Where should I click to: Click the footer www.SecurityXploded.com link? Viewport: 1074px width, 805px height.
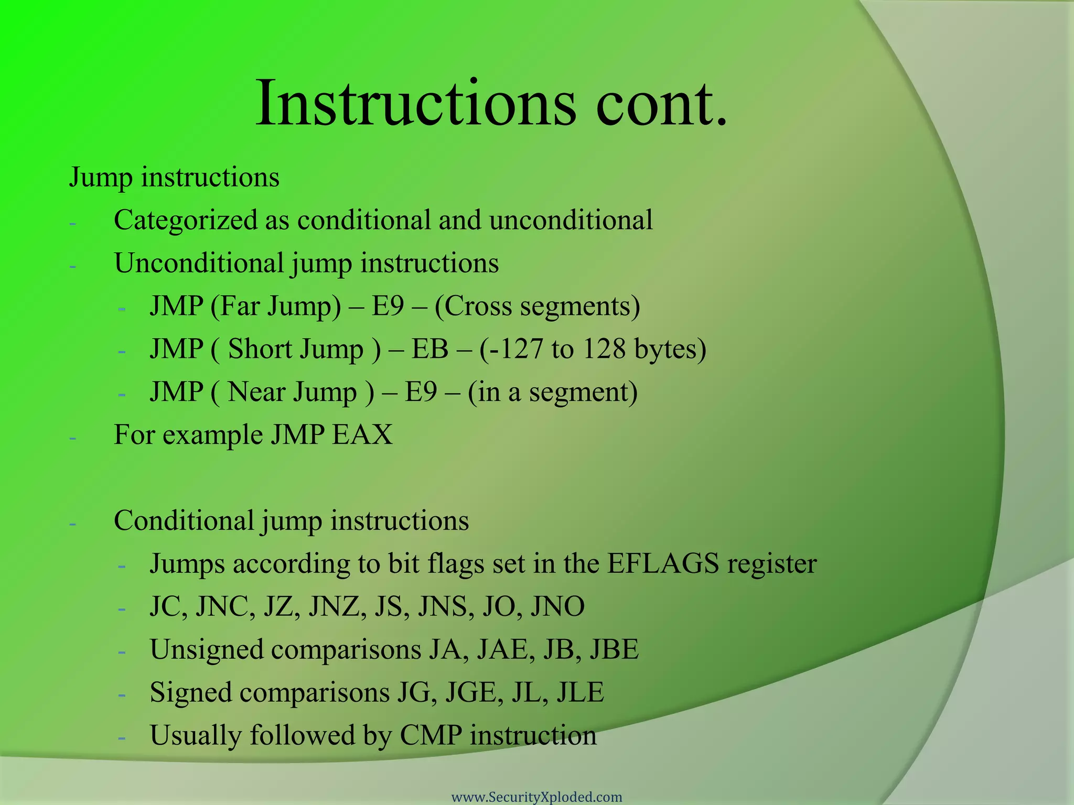click(x=536, y=797)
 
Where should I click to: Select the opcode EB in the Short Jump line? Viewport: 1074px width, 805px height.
click(x=429, y=349)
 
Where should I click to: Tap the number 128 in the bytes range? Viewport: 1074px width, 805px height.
click(x=604, y=349)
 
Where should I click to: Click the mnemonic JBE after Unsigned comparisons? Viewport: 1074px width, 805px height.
click(x=614, y=650)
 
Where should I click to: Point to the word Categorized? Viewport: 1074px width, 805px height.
click(x=185, y=220)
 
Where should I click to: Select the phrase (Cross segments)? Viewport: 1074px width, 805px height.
click(x=538, y=306)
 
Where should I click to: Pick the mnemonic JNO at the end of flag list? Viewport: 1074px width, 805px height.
click(x=557, y=607)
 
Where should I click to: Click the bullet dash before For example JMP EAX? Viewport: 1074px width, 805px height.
click(x=72, y=437)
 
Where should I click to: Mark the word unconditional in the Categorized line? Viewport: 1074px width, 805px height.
click(x=571, y=220)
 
